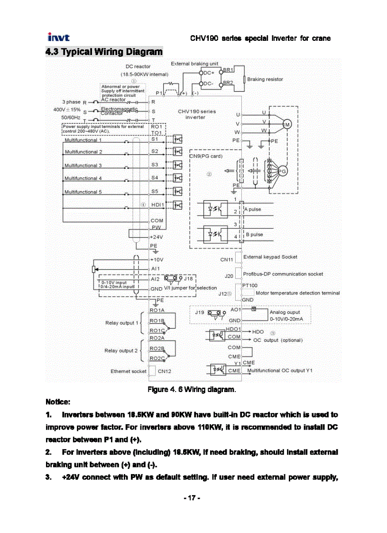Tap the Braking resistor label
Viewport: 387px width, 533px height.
(265, 79)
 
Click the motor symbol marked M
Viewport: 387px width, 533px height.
(287, 124)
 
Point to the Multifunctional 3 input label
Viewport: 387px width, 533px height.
(83, 166)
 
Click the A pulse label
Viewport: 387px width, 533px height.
(253, 209)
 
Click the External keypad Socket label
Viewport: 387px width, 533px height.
(270, 257)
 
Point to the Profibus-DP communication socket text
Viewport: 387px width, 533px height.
(283, 274)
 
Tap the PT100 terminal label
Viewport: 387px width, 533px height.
(250, 285)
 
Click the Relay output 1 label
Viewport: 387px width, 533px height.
(120, 323)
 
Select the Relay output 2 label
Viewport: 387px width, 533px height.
(120, 351)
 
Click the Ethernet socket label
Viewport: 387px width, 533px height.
(129, 371)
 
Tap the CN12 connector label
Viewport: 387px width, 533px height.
(164, 371)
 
